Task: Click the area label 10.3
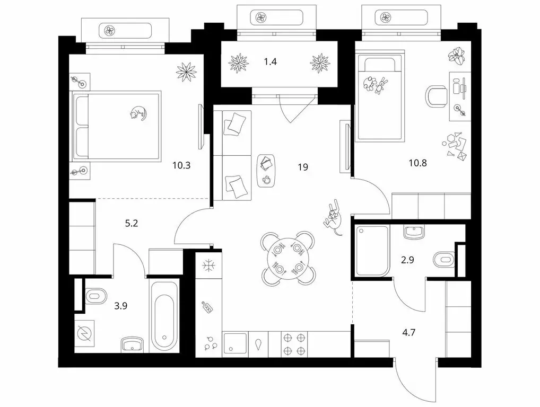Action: [181, 165]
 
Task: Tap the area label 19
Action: [303, 167]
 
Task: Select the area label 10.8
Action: [418, 163]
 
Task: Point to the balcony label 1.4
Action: [271, 62]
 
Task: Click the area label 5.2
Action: [131, 224]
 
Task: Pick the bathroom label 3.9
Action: [121, 305]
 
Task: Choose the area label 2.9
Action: [407, 260]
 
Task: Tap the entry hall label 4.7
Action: [409, 333]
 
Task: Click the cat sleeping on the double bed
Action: [138, 113]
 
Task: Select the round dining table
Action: [288, 258]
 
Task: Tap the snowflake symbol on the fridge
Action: [208, 266]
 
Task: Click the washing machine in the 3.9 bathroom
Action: [85, 333]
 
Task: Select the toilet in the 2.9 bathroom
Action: [445, 259]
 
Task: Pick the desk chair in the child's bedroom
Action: [437, 96]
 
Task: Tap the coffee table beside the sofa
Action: [266, 171]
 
